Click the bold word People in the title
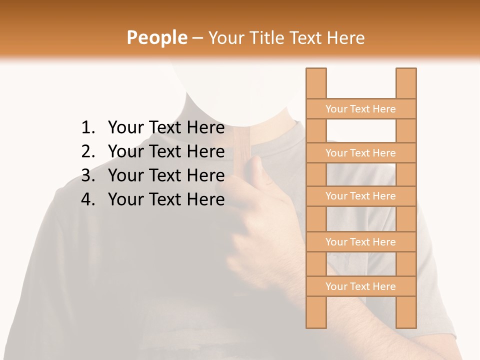pyautogui.click(x=156, y=37)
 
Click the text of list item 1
pyautogui.click(x=166, y=128)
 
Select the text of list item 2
pyautogui.click(x=166, y=151)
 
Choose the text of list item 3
pyautogui.click(x=166, y=175)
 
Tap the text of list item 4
pyautogui.click(x=166, y=199)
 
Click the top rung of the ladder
pyautogui.click(x=360, y=109)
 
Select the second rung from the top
pyautogui.click(x=360, y=153)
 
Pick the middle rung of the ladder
pyautogui.click(x=360, y=196)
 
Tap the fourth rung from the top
pyautogui.click(x=360, y=242)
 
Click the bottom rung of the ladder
pyautogui.click(x=360, y=286)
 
